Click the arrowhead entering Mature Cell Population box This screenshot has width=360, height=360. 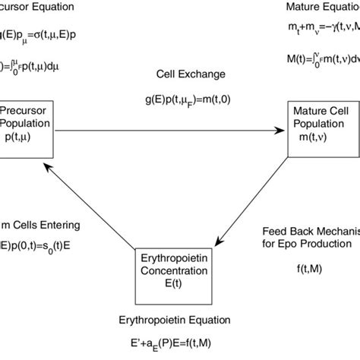pyautogui.click(x=282, y=131)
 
